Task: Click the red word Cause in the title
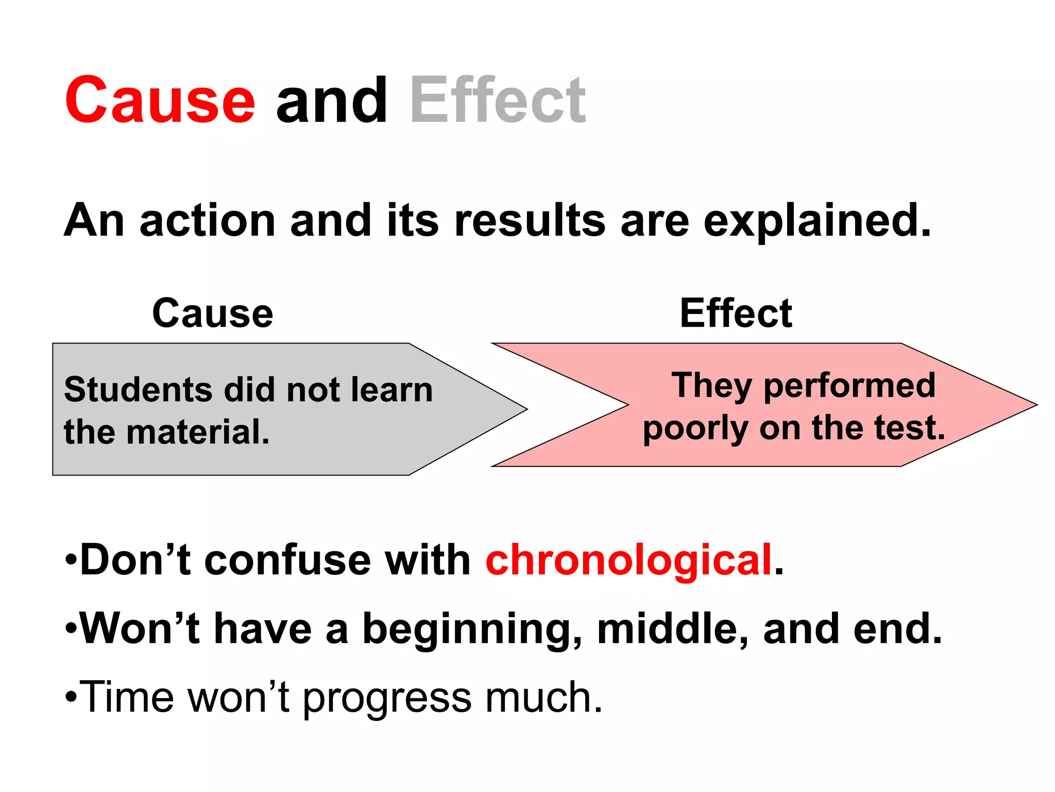[x=160, y=101]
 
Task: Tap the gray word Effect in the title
[x=498, y=101]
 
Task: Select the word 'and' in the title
[x=331, y=101]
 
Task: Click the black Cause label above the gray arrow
[x=213, y=313]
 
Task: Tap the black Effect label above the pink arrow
[x=736, y=313]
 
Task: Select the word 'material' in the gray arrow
[x=198, y=432]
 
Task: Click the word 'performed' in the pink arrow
[x=849, y=386]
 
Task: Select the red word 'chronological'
[x=628, y=560]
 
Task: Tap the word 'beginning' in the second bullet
[x=472, y=629]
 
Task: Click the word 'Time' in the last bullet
[x=127, y=697]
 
